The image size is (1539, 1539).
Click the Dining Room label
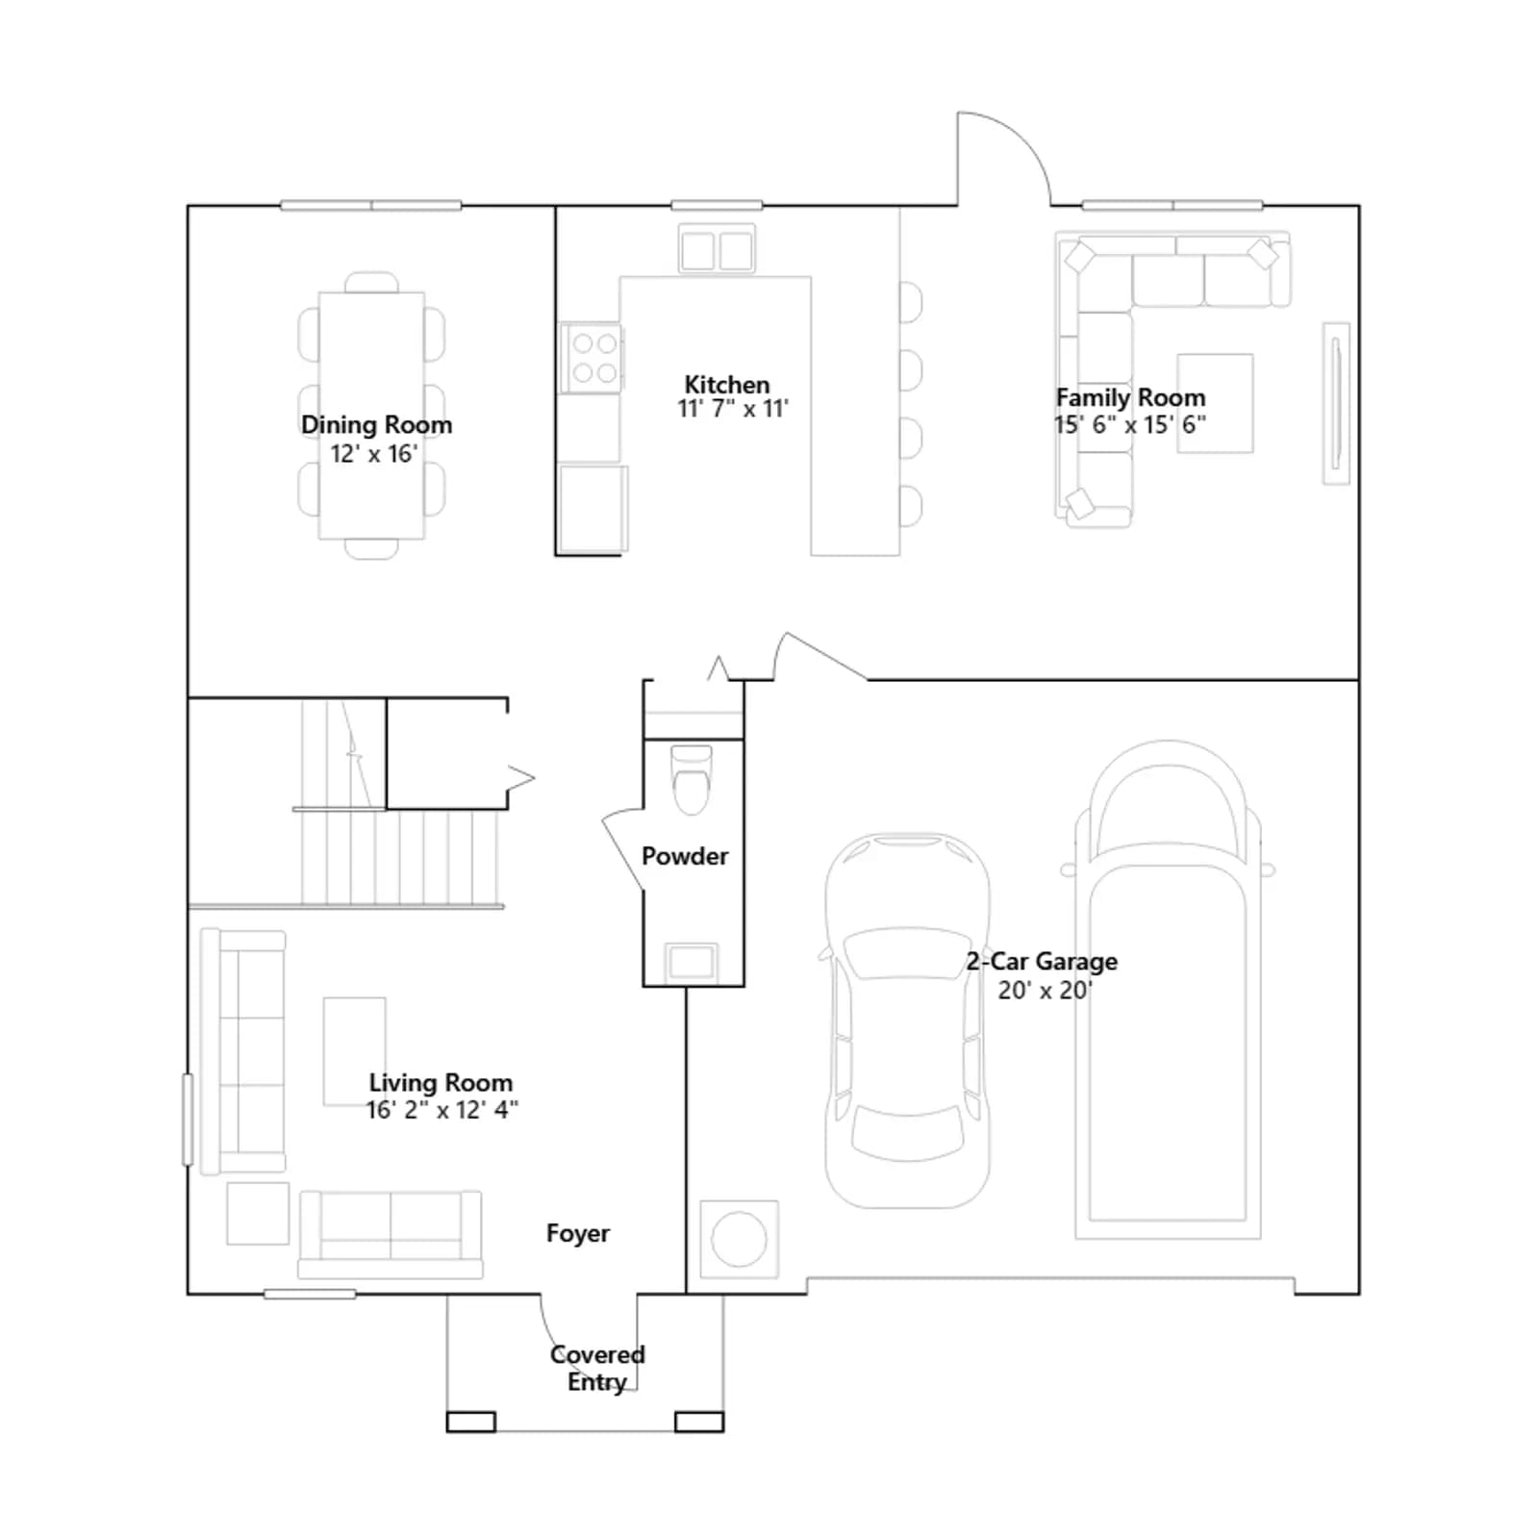(x=376, y=424)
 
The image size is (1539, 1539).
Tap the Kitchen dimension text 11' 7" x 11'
(x=733, y=409)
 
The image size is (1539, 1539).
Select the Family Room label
(x=1130, y=397)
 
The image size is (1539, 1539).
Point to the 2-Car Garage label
(x=1042, y=961)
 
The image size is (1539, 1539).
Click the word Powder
(x=685, y=855)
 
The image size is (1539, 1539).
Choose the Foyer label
(x=577, y=1233)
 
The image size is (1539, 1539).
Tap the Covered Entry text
(x=597, y=1368)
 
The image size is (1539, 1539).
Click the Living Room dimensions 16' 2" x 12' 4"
(x=442, y=1110)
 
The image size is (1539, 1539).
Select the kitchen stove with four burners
(x=592, y=358)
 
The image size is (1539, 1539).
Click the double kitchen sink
(x=717, y=250)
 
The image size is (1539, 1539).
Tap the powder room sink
(x=692, y=961)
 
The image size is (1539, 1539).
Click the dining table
(x=371, y=416)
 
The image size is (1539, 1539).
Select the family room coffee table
(x=1215, y=403)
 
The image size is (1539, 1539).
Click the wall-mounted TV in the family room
(x=1335, y=403)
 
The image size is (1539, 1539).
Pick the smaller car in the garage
(x=907, y=1021)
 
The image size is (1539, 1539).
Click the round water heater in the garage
(x=739, y=1239)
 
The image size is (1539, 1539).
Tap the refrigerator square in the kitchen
(x=593, y=509)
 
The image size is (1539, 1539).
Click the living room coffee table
(x=354, y=1051)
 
